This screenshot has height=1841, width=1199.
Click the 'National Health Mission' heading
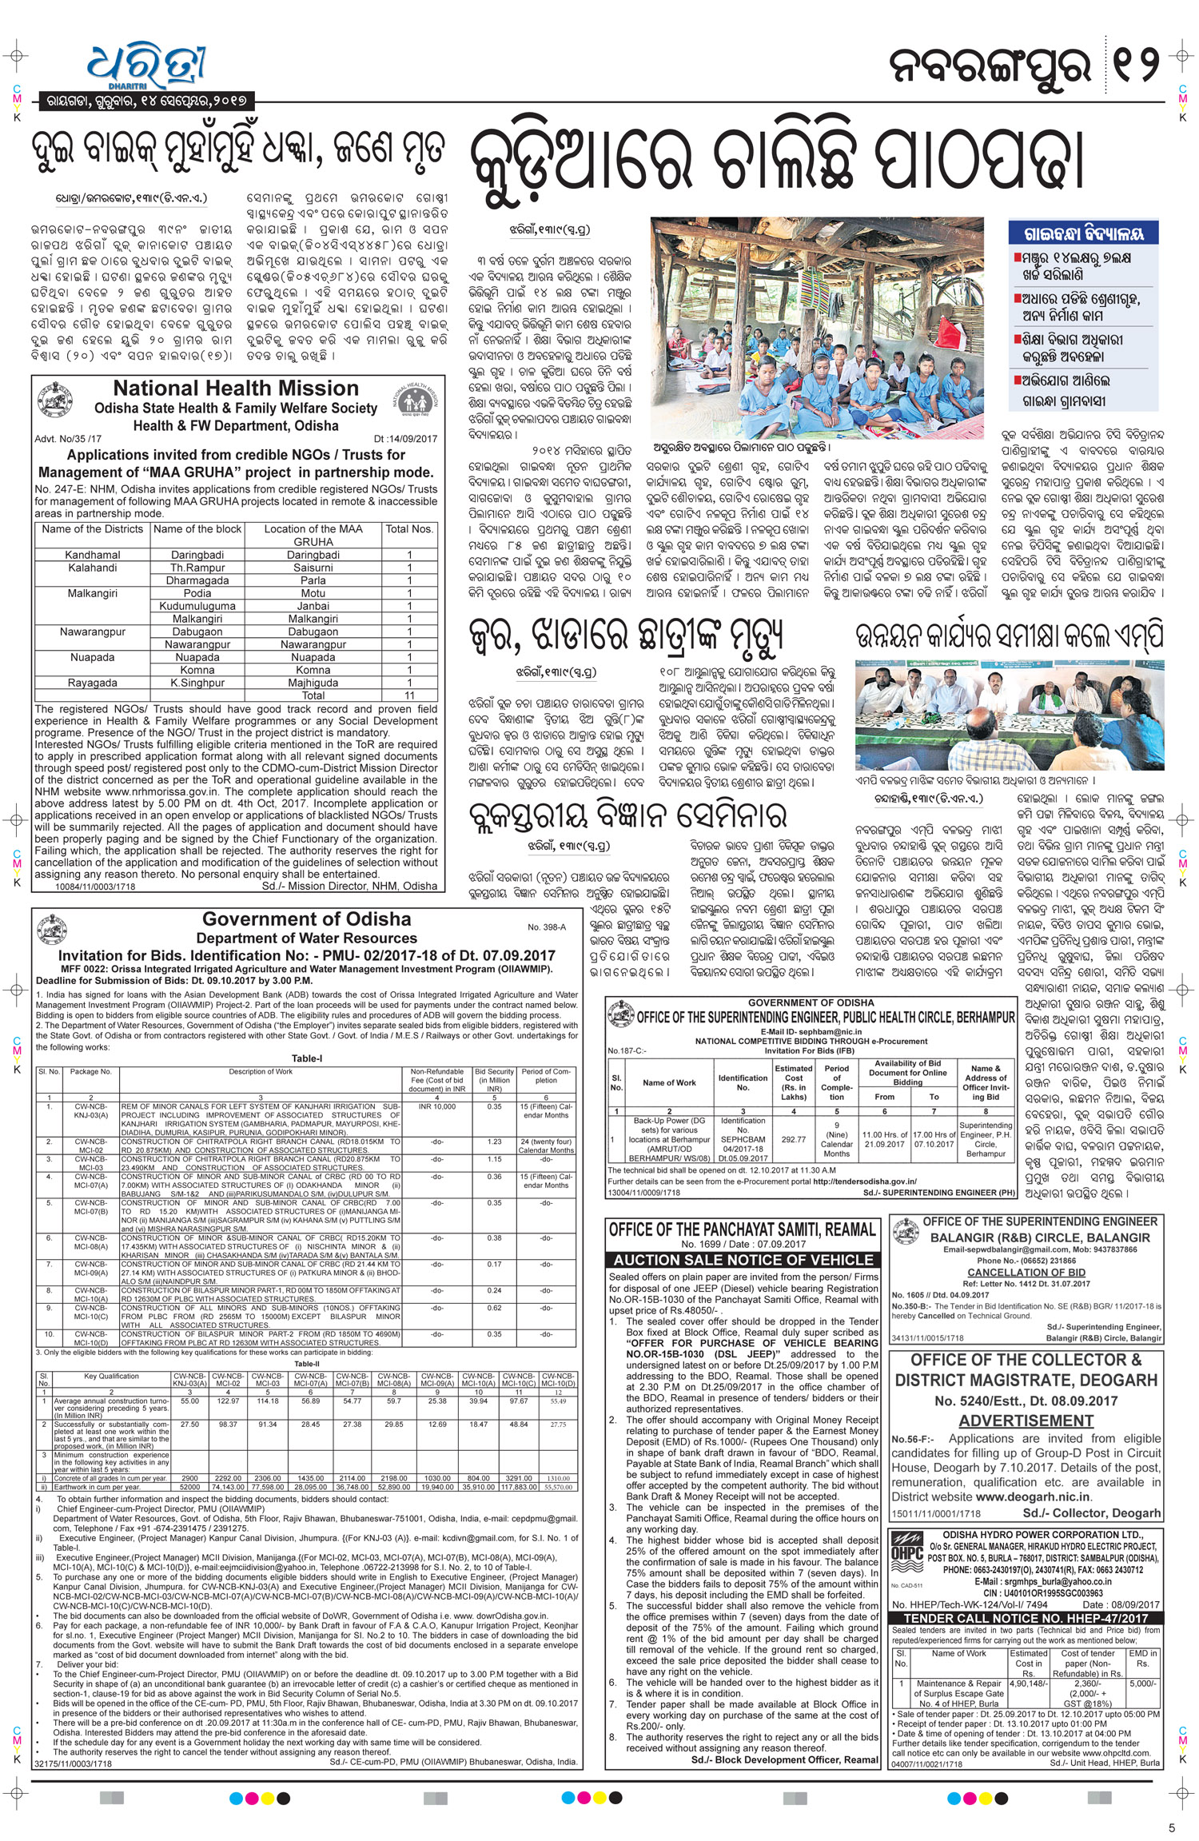click(x=236, y=389)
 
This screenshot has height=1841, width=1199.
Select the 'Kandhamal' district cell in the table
click(x=93, y=555)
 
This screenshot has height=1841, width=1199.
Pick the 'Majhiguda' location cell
click(x=313, y=683)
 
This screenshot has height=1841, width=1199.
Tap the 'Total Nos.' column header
click(x=409, y=529)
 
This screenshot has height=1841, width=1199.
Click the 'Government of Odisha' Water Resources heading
click(x=306, y=919)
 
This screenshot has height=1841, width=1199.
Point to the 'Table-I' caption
click(x=307, y=1058)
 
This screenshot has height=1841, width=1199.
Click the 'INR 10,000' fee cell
click(x=436, y=1106)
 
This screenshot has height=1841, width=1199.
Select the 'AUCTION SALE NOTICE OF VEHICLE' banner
click(x=743, y=1260)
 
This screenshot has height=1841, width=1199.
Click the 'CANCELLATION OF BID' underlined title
click(x=1026, y=1272)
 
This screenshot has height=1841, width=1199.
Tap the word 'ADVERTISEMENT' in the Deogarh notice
click(x=1026, y=1421)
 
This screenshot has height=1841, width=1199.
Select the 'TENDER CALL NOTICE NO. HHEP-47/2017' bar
click(x=1026, y=1619)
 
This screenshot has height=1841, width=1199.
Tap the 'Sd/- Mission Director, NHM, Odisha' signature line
click(x=349, y=886)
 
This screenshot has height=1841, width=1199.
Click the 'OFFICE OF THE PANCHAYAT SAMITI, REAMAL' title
click(x=743, y=1230)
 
